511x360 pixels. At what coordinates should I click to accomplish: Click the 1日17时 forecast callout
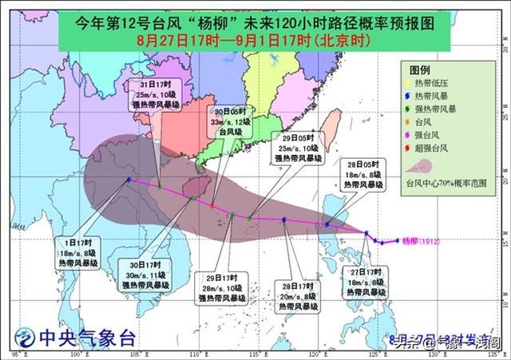pos(78,253)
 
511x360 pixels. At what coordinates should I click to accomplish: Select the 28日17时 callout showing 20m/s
pos(298,295)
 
